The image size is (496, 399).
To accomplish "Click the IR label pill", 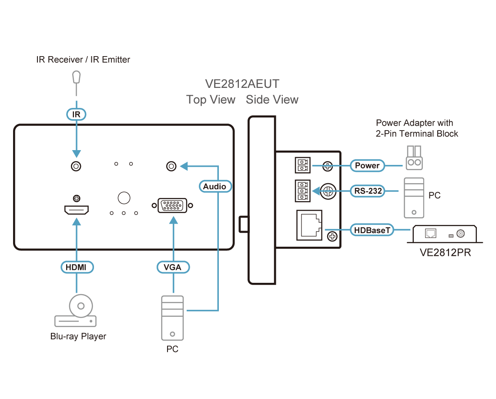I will (76, 114).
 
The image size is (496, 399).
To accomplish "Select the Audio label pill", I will (215, 187).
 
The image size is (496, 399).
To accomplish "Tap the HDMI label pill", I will (76, 267).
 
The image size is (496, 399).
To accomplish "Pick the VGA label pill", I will (173, 267).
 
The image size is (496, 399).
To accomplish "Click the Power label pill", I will (367, 165).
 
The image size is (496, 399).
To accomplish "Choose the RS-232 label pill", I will (367, 191).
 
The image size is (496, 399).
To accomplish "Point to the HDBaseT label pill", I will (372, 230).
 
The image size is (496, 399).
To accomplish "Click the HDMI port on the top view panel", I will (77, 211).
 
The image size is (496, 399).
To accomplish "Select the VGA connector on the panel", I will (172, 206).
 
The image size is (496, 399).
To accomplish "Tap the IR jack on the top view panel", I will (77, 166).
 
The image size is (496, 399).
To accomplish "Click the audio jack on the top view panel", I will (172, 166).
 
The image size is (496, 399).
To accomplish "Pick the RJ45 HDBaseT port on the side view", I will (309, 225).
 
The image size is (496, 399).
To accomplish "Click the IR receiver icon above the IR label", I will (77, 78).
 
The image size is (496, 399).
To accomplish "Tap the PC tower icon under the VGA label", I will (173, 318).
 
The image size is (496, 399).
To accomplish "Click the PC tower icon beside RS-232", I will (413, 198).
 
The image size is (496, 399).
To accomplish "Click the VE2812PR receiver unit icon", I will (445, 234).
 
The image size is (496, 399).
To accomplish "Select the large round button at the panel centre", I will (124, 198).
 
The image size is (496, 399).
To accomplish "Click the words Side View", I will (272, 100).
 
